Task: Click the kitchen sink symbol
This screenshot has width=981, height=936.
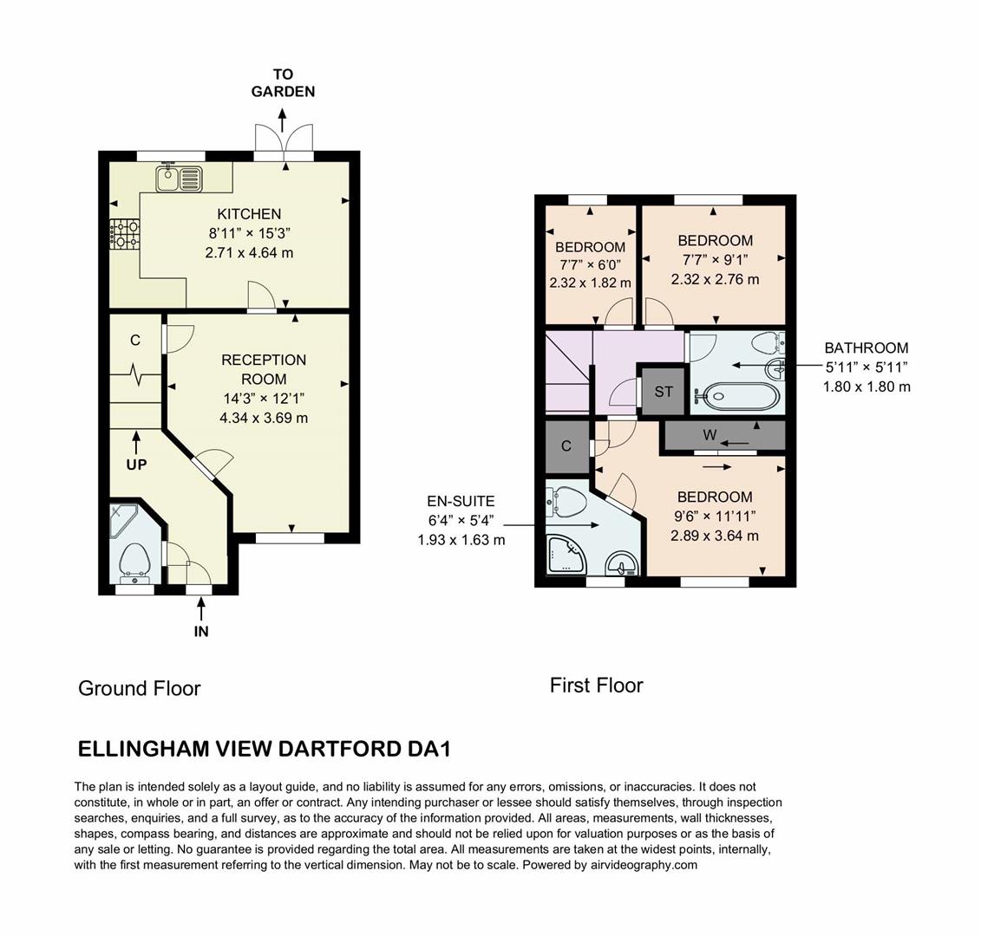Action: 179,179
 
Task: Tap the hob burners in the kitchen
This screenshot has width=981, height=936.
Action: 123,234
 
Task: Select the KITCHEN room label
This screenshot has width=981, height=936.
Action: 249,214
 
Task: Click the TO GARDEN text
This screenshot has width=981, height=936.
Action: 283,83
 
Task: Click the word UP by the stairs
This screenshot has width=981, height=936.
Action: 136,465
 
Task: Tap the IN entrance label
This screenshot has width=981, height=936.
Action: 201,632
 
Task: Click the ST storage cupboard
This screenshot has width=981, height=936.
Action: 664,392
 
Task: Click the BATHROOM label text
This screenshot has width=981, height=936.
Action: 867,348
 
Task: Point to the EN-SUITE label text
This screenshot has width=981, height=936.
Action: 461,501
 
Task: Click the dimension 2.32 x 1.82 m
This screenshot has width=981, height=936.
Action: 590,283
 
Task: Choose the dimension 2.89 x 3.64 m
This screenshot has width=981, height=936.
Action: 715,536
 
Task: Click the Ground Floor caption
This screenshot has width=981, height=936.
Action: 140,688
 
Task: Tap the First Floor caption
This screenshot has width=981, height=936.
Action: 597,686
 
